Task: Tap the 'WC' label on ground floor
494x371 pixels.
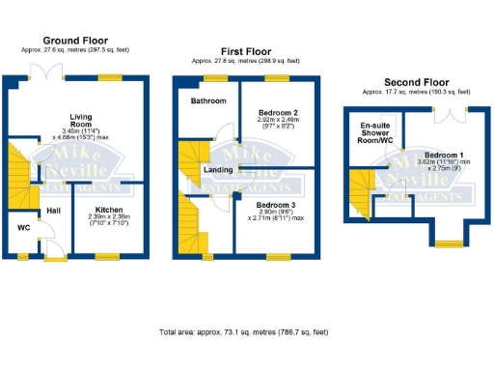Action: tap(23, 228)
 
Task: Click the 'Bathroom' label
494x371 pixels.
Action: tap(207, 100)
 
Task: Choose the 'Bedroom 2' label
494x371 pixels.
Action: tap(279, 113)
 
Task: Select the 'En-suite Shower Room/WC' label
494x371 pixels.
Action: tap(375, 134)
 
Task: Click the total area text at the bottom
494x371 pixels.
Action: tap(246, 331)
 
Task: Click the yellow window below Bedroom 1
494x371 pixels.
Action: tap(447, 241)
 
